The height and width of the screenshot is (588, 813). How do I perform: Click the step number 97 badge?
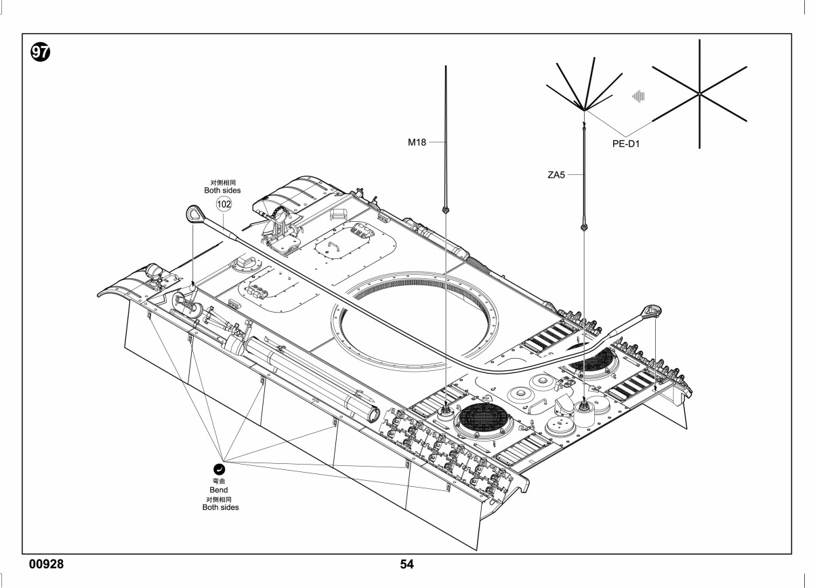pos(40,52)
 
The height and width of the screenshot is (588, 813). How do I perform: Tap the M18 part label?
pos(417,142)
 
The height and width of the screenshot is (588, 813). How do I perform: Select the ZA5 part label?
pos(556,175)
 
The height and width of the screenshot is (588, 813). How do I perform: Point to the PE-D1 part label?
pos(626,144)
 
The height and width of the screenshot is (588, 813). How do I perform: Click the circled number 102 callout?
pos(224,204)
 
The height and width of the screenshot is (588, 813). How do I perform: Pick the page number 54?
pos(406,564)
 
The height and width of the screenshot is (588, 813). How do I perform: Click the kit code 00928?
pos(47,564)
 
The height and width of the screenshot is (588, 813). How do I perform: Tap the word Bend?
pos(219,490)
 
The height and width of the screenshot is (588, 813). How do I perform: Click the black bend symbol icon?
pos(219,469)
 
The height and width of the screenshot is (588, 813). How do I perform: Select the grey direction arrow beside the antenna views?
pos(638,96)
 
